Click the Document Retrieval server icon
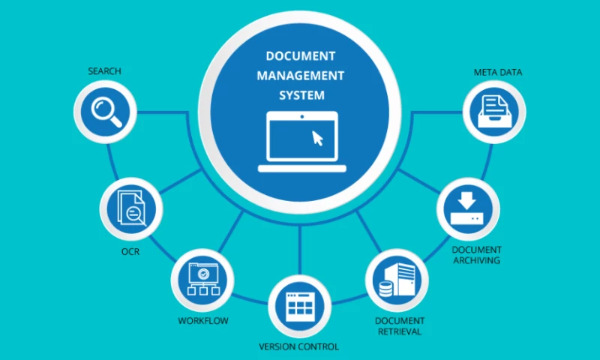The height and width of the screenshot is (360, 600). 395,280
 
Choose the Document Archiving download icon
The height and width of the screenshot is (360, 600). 467,209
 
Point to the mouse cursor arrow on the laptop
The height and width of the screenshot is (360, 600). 318,138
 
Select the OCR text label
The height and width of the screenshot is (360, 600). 130,251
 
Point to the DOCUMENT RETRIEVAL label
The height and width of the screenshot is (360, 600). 397,325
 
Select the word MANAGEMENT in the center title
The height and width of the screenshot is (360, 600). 300,76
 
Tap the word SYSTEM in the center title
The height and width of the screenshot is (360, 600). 300,95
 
